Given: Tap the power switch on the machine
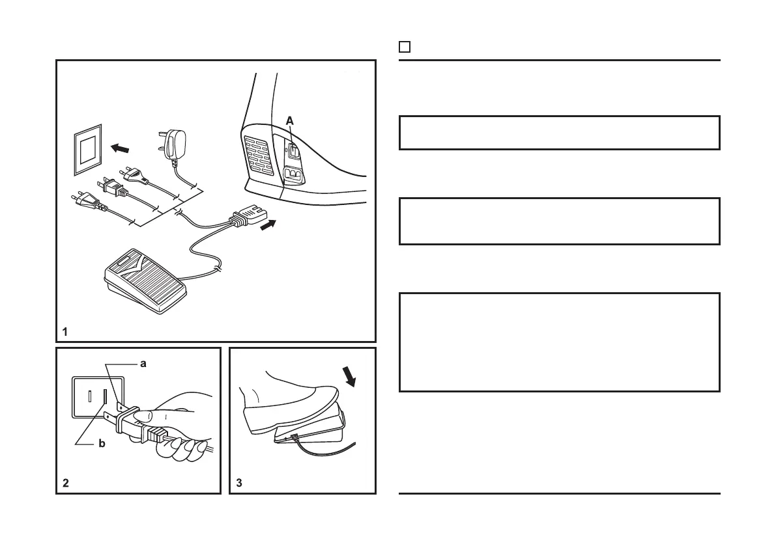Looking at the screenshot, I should [x=294, y=150].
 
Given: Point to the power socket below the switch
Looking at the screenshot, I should [x=293, y=174].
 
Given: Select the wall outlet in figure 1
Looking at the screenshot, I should [x=87, y=150].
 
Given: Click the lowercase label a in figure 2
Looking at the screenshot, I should [x=143, y=364].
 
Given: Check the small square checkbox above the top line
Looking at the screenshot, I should [x=404, y=47].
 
